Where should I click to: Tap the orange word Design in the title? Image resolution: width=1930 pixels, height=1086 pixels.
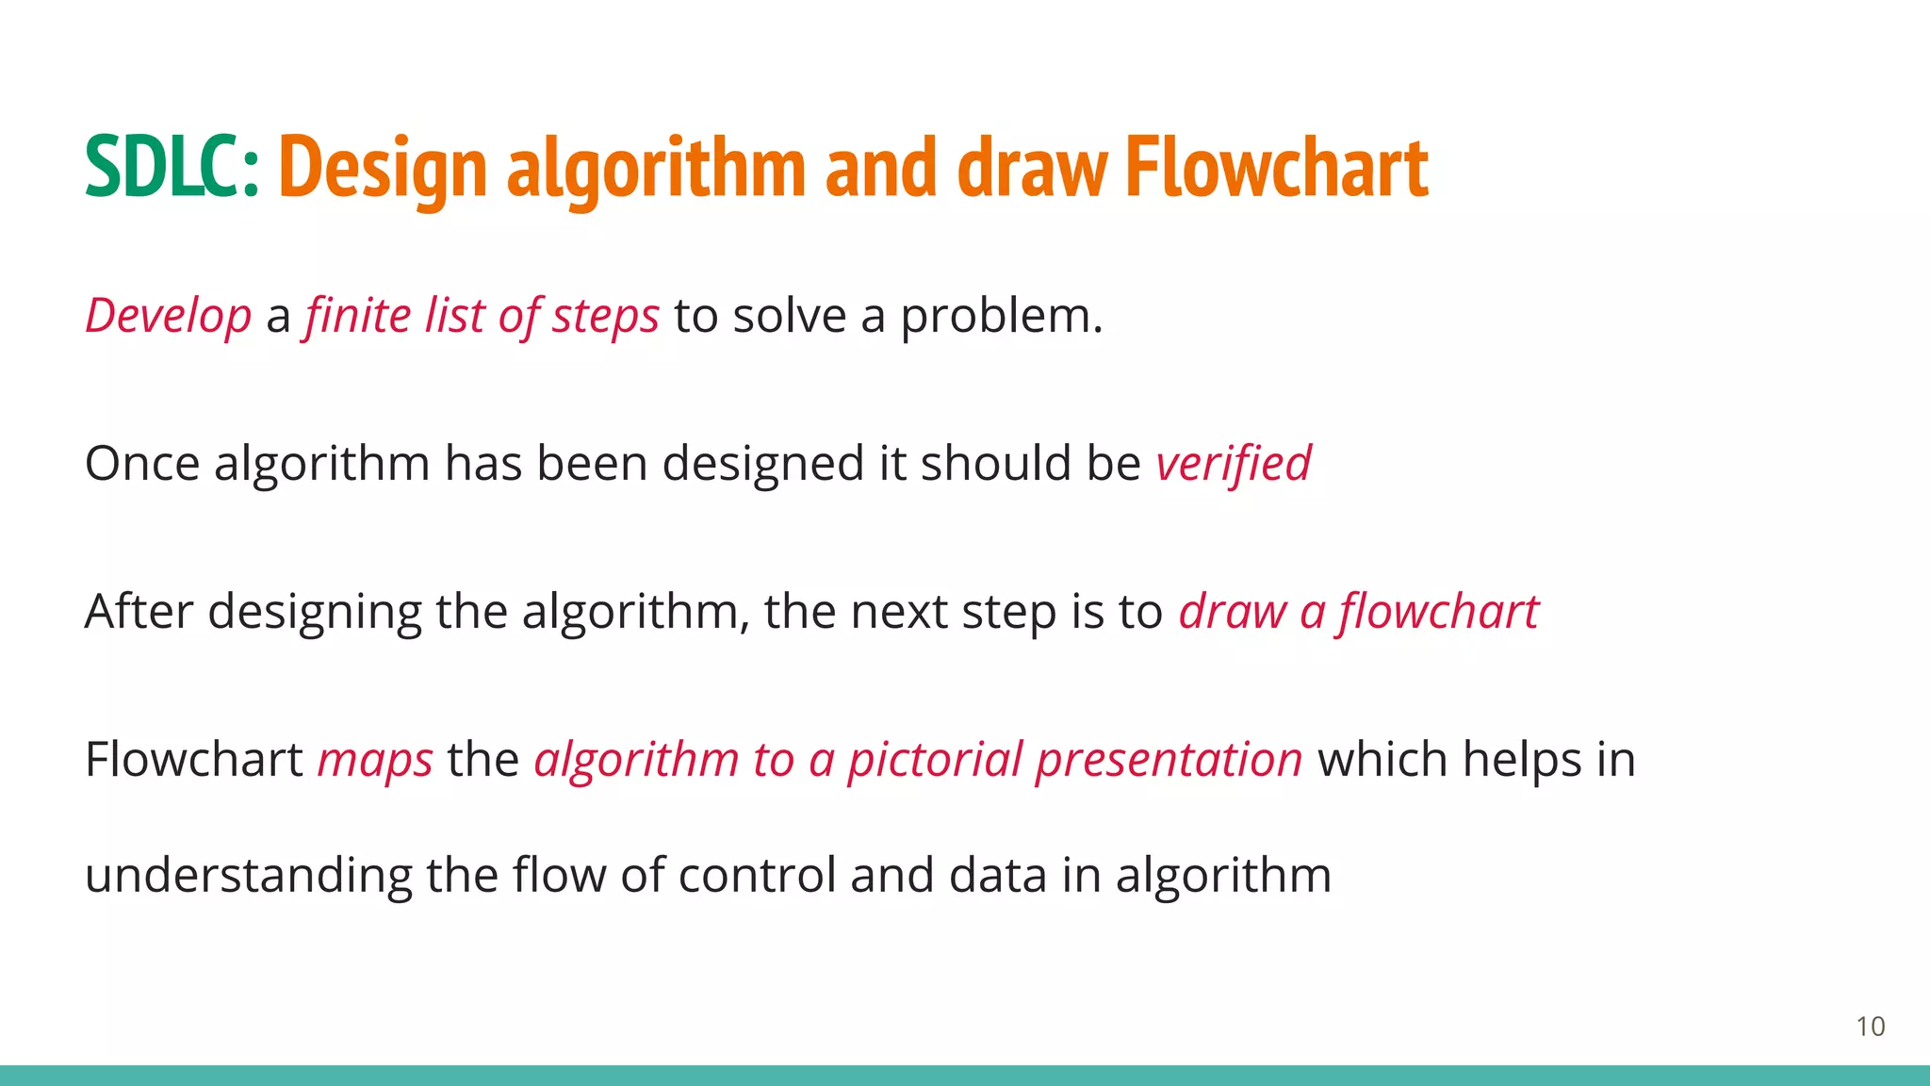(x=383, y=168)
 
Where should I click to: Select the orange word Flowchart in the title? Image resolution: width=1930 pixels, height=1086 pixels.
(x=1277, y=168)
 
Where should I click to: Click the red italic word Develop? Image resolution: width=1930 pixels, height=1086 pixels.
(x=169, y=316)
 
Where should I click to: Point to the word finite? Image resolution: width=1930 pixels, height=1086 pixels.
(x=357, y=316)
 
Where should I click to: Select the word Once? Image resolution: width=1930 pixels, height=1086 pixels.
(x=142, y=464)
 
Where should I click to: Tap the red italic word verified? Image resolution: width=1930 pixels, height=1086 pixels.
(x=1234, y=464)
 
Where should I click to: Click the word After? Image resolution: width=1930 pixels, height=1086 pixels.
(x=139, y=612)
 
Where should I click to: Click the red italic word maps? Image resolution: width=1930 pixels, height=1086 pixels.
(x=375, y=760)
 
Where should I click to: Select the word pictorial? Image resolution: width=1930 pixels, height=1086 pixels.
(x=935, y=760)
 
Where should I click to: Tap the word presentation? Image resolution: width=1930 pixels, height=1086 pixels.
(x=1169, y=760)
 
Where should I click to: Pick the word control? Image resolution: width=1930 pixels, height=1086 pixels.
(x=757, y=875)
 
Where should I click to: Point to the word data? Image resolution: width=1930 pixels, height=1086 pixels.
(x=998, y=875)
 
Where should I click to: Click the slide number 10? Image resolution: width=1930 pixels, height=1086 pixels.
(x=1870, y=1027)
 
